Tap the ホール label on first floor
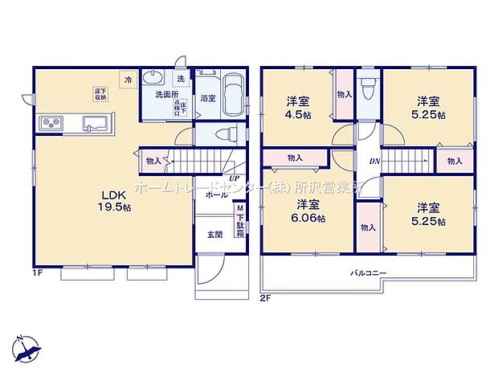tap(214, 195)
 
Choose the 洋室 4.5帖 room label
tap(300, 108)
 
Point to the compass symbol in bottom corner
tap(27, 346)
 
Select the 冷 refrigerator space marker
tap(129, 80)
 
